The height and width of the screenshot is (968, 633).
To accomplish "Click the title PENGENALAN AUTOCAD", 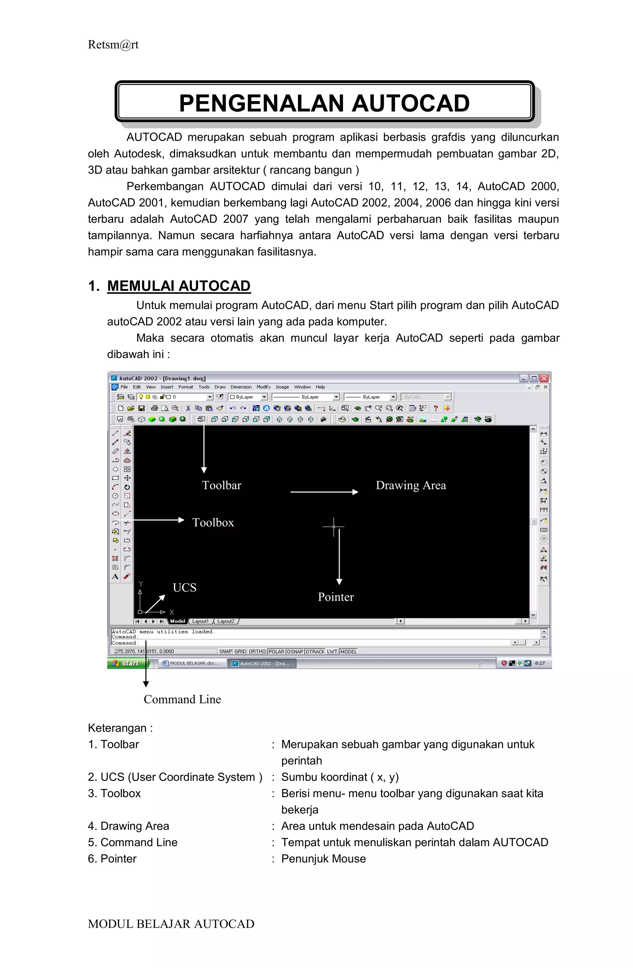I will pyautogui.click(x=324, y=103).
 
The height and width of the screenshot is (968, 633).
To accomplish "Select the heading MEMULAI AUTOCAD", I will pyautogui.click(x=179, y=286).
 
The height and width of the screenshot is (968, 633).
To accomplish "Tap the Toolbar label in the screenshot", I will pyautogui.click(x=221, y=485).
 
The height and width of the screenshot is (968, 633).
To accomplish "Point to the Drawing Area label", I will pyautogui.click(x=410, y=485).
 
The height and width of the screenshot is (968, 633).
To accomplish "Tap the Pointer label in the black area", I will pyautogui.click(x=335, y=597).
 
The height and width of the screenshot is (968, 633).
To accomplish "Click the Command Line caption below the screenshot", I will pyautogui.click(x=182, y=699).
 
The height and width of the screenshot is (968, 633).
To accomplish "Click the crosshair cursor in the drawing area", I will pyautogui.click(x=333, y=526).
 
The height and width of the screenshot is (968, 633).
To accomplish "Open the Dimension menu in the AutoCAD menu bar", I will pyautogui.click(x=241, y=387).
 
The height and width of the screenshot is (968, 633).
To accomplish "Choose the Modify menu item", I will pyautogui.click(x=263, y=387).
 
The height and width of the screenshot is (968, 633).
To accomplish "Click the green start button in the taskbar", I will pyautogui.click(x=127, y=663).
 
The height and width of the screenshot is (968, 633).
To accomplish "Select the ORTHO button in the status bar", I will pyautogui.click(x=257, y=651).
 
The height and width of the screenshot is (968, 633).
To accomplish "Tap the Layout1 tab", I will pyautogui.click(x=200, y=621).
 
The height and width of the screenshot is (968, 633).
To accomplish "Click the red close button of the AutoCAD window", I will pyautogui.click(x=544, y=378).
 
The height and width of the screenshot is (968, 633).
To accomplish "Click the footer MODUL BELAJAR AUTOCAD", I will pyautogui.click(x=171, y=924).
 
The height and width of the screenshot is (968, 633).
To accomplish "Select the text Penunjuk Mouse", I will pyautogui.click(x=323, y=859).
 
